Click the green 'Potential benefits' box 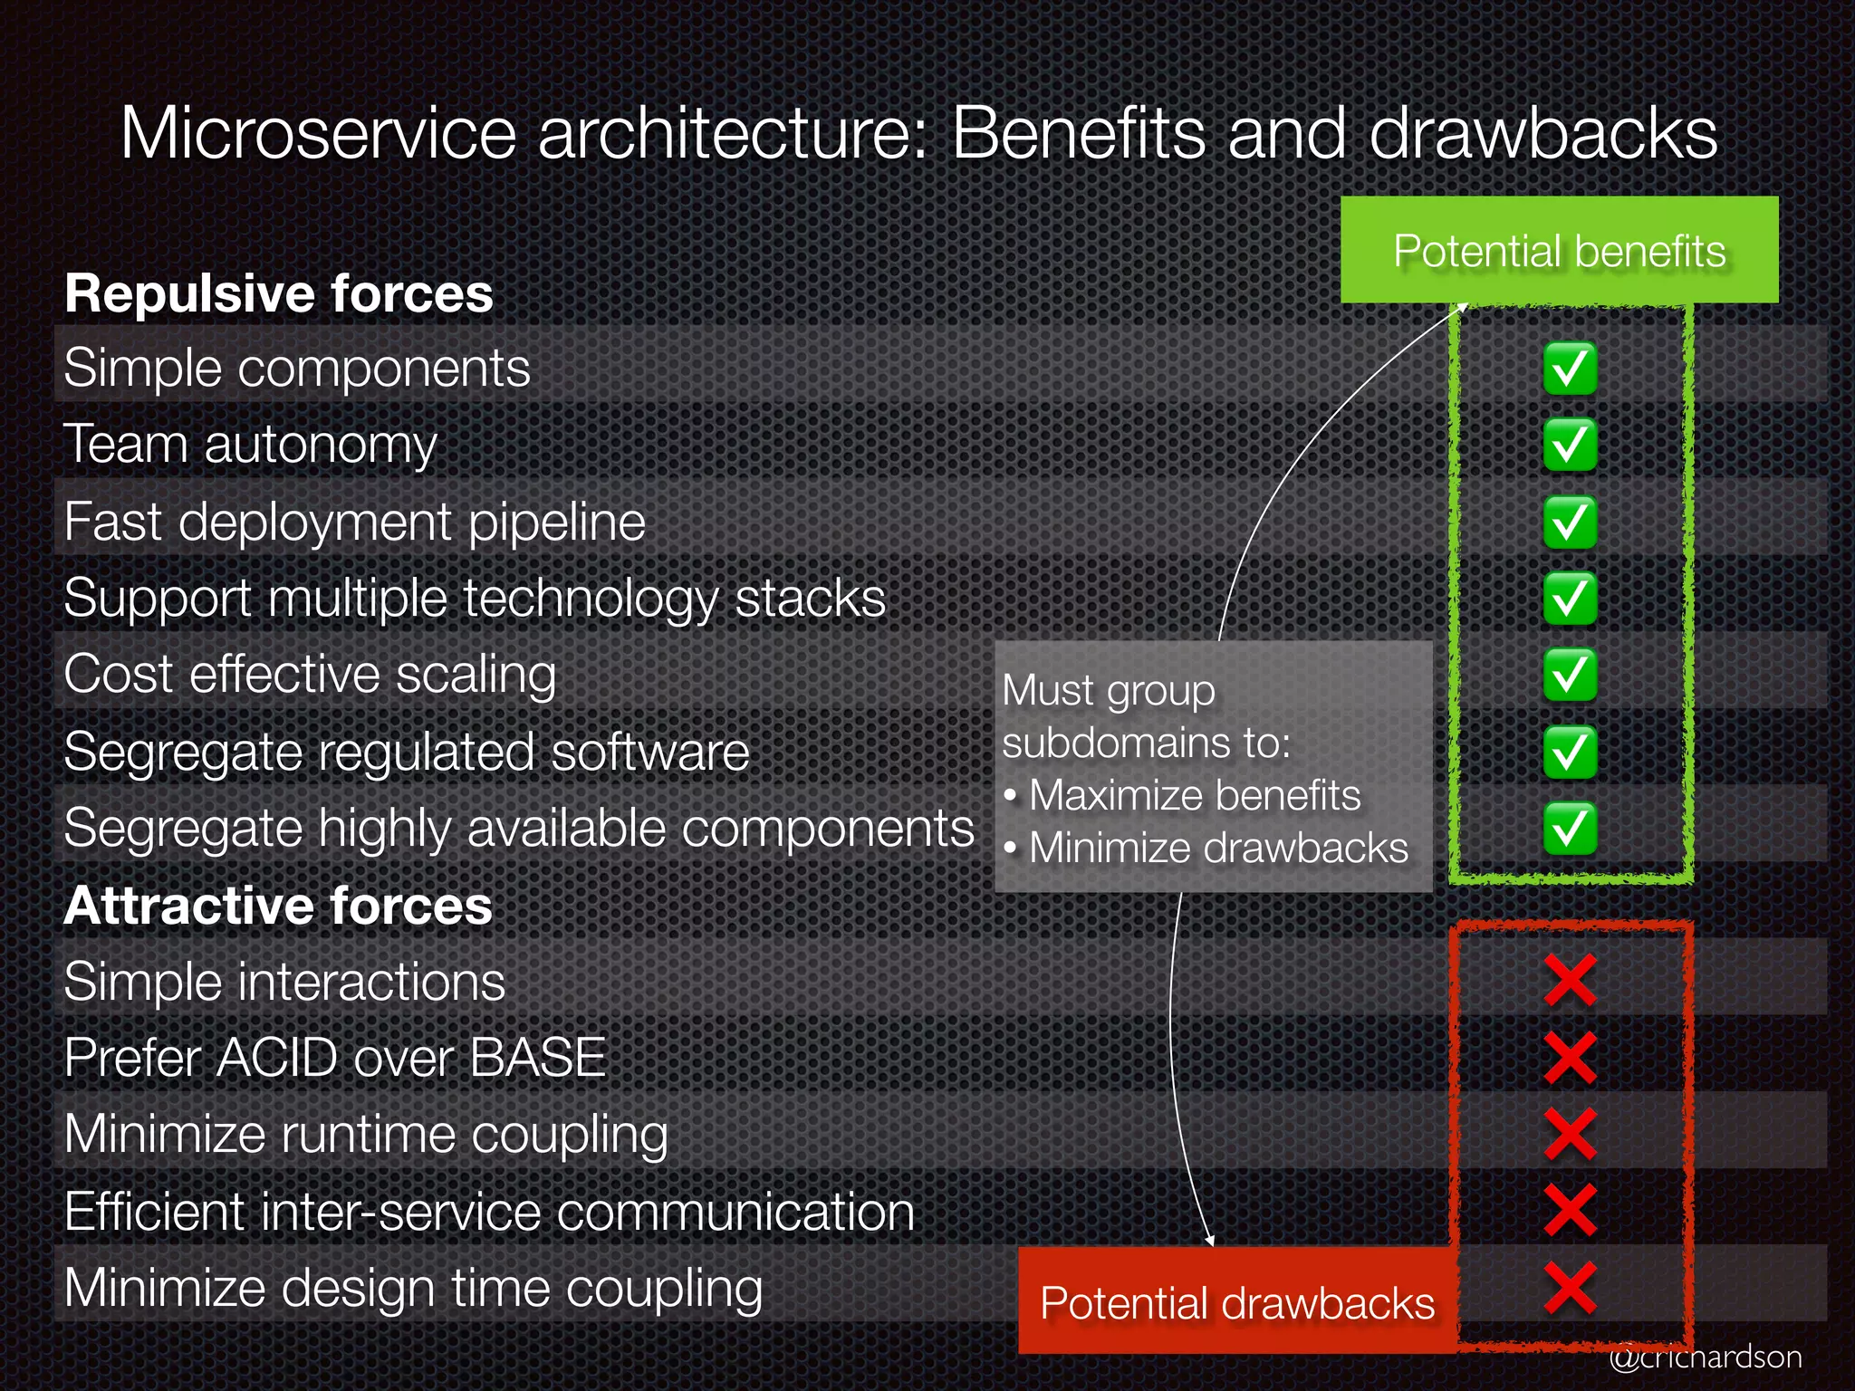pyautogui.click(x=1559, y=250)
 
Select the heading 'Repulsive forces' pyautogui.click(x=278, y=293)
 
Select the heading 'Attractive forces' pyautogui.click(x=278, y=906)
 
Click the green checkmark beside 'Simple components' pyautogui.click(x=1570, y=369)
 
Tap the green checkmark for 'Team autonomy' pyautogui.click(x=1570, y=445)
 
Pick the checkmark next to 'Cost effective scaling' pyautogui.click(x=1570, y=675)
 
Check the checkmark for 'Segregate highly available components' pyautogui.click(x=1570, y=828)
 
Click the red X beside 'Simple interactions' pyautogui.click(x=1570, y=981)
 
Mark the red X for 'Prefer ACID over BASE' pyautogui.click(x=1570, y=1058)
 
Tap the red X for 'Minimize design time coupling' pyautogui.click(x=1570, y=1288)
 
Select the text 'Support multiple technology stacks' pyautogui.click(x=475, y=599)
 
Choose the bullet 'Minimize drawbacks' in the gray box pyautogui.click(x=1217, y=849)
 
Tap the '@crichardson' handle pyautogui.click(x=1705, y=1357)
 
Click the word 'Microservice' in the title pyautogui.click(x=318, y=134)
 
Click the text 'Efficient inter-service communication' pyautogui.click(x=489, y=1212)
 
